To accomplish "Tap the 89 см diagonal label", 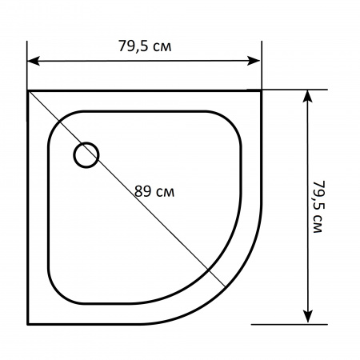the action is point(154,191).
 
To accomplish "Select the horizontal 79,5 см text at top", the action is point(145,46).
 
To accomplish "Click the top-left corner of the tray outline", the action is point(28,91).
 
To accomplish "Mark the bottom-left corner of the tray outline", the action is point(28,324).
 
